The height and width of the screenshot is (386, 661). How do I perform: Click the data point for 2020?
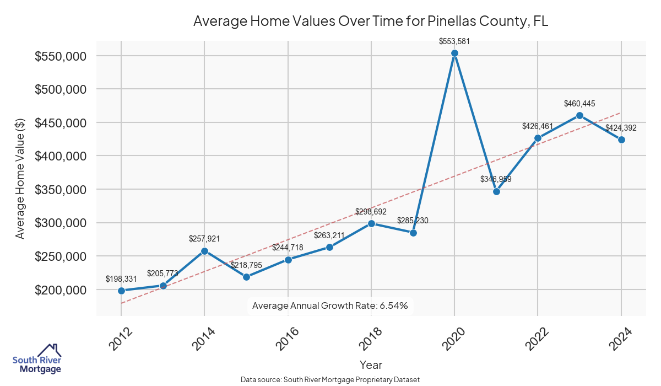454,53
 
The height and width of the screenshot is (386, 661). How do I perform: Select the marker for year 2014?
204,251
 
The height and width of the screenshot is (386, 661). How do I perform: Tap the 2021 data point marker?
496,192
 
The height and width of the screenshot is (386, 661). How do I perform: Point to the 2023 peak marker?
579,115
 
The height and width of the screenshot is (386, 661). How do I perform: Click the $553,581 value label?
454,41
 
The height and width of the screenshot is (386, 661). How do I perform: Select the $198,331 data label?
121,279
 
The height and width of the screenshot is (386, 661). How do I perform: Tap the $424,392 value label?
621,128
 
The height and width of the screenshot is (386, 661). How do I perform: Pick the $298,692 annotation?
371,211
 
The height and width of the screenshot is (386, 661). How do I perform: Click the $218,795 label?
246,265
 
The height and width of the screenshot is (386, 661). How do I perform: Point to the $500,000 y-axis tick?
60,89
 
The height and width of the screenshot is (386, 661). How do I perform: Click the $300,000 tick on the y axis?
60,223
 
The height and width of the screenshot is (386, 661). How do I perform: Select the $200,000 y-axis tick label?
60,290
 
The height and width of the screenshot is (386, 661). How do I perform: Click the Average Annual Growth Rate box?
330,305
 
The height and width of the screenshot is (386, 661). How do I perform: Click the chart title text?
371,22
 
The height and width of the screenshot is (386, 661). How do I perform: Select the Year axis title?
371,364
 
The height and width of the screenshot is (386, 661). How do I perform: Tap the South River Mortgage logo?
37,359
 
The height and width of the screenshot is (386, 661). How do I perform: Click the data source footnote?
330,380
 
